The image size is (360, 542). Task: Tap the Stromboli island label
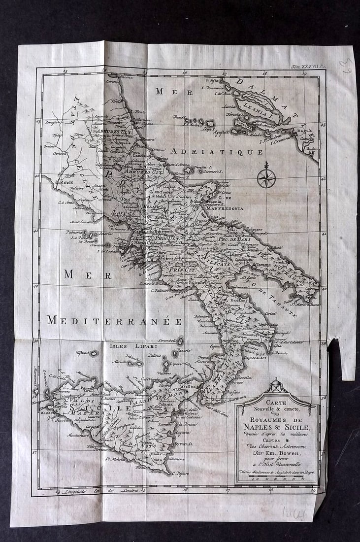[167, 339]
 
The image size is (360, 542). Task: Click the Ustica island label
[82, 353]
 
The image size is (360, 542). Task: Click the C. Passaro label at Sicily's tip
[181, 473]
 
